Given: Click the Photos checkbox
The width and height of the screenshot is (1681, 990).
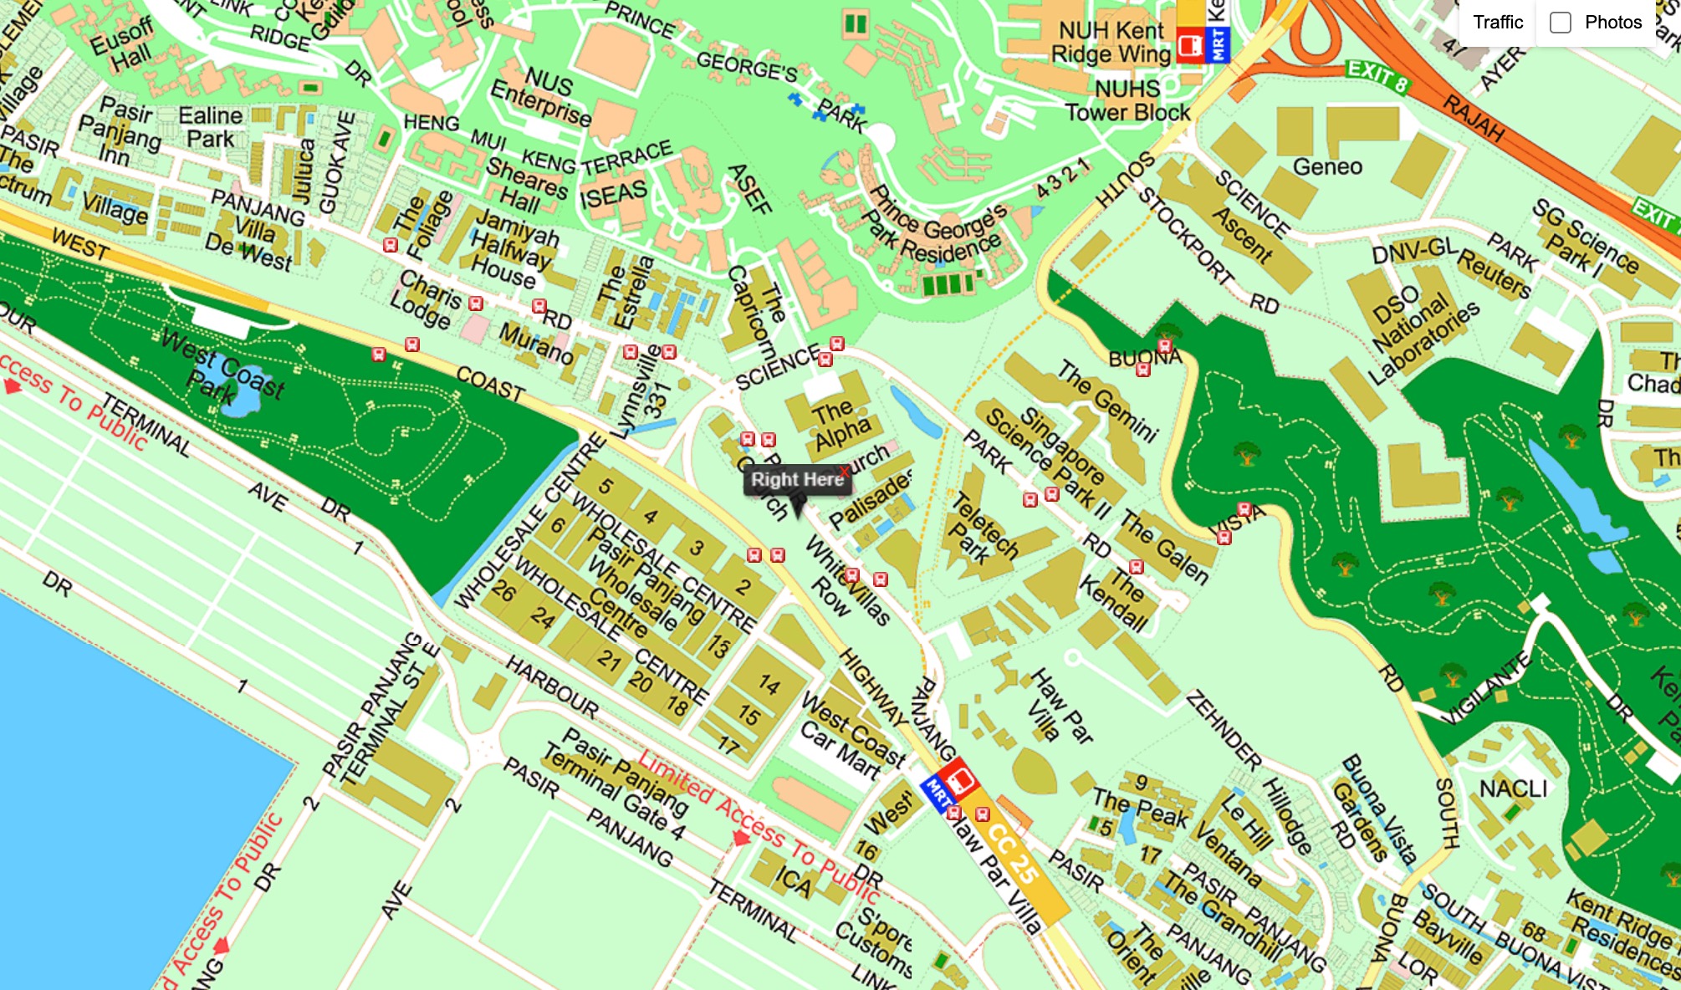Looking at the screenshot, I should [x=1561, y=23].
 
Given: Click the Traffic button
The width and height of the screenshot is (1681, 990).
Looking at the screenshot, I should [x=1497, y=23].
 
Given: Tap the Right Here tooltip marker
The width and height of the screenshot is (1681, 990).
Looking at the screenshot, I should [x=796, y=480].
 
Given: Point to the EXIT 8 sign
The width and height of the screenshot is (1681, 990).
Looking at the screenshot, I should [x=1377, y=75].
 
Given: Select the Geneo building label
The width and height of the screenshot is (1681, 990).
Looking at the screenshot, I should [x=1327, y=166].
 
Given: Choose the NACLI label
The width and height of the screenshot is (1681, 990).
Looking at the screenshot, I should [x=1513, y=788].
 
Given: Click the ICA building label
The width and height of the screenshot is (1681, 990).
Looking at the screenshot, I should [x=792, y=882].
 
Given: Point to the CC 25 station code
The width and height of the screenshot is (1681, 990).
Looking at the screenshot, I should [x=1013, y=854].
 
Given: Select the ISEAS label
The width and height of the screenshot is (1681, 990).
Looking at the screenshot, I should [x=613, y=195].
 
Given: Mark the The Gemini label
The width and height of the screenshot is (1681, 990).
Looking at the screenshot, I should [x=1108, y=400].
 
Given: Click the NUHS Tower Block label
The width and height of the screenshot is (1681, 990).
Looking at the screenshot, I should [x=1127, y=100].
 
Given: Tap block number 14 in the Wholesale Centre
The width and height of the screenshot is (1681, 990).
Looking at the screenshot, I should [x=769, y=685].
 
